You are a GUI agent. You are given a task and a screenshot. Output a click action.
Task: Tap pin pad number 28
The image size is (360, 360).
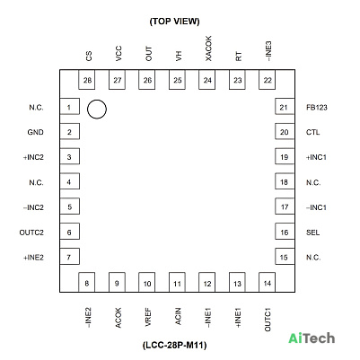[87, 80]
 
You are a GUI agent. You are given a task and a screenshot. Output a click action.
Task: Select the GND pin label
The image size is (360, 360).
[35, 132]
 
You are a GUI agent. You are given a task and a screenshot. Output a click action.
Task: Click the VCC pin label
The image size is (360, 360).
[119, 54]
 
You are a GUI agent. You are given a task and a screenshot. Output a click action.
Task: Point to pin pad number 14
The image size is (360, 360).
[267, 282]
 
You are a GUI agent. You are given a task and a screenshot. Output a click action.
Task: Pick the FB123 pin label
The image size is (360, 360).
[317, 108]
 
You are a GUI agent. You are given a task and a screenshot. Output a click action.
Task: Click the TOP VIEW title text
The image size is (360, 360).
[174, 22]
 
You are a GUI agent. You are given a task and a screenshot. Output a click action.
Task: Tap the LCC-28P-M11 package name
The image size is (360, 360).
[175, 345]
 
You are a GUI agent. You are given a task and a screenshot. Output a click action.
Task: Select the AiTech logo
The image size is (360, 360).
[312, 338]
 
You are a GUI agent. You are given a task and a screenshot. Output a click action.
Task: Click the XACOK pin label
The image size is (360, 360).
[208, 48]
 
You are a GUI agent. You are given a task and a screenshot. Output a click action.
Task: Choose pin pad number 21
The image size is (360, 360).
[285, 107]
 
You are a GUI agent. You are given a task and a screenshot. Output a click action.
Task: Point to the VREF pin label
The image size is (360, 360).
[148, 318]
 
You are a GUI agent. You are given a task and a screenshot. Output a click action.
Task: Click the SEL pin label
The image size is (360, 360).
[312, 233]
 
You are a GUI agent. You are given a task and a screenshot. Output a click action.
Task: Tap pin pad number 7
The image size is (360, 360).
[70, 257]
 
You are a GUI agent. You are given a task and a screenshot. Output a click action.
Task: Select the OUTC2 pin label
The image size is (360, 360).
[31, 233]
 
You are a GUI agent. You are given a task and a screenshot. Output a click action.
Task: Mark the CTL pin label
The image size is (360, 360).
[312, 132]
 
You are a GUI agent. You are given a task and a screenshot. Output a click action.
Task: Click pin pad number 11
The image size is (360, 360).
[177, 282]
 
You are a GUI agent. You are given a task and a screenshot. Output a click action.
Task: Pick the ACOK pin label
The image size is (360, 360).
[119, 318]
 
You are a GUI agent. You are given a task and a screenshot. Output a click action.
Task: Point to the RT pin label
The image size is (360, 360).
[239, 57]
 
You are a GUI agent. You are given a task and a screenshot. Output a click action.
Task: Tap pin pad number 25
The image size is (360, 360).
[177, 80]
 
